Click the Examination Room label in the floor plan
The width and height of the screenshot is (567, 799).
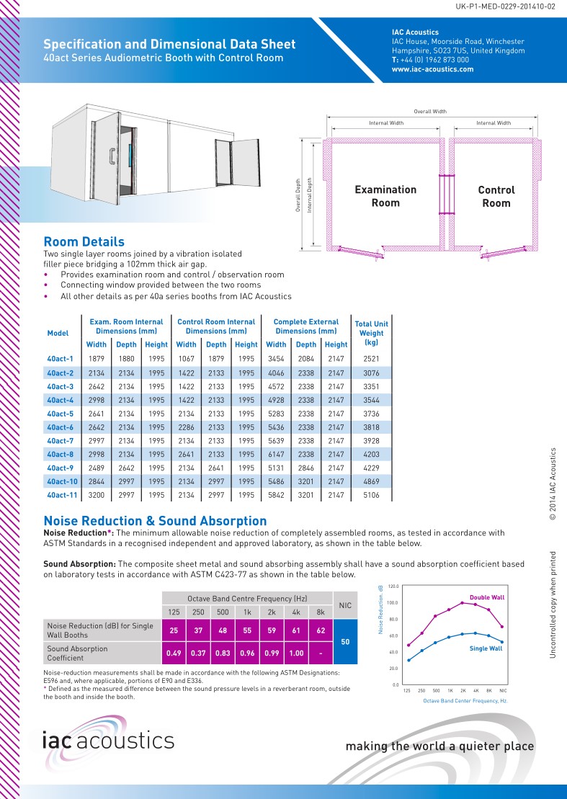click(385, 196)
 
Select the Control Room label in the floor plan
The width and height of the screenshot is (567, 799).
click(496, 196)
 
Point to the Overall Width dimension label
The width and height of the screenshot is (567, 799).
click(430, 112)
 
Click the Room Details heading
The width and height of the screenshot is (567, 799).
click(84, 242)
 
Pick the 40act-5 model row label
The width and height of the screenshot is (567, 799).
click(61, 414)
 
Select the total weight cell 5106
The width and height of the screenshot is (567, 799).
click(371, 496)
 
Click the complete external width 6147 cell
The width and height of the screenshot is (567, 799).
click(276, 455)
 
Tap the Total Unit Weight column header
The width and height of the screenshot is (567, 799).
click(371, 333)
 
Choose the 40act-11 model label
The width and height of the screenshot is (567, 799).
click(62, 496)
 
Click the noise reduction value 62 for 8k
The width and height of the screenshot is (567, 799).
click(321, 630)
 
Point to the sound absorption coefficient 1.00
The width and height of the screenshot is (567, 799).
click(296, 653)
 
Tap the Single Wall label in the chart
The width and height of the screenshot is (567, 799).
click(486, 648)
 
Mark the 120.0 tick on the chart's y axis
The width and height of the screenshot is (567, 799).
click(393, 586)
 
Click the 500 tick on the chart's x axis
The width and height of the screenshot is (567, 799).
click(436, 690)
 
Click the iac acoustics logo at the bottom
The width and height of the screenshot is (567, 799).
click(108, 740)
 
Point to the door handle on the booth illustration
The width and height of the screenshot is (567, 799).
click(112, 155)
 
